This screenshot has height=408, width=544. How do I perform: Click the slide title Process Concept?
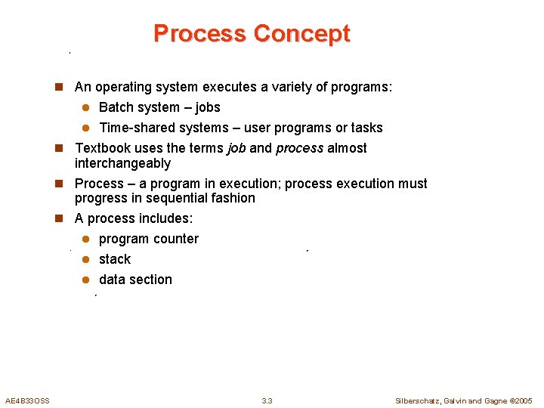252,33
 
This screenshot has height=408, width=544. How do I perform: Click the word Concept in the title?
301,33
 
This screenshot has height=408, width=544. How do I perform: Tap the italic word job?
236,148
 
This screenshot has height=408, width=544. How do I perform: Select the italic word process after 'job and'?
299,148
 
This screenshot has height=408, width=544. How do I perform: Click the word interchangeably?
122,163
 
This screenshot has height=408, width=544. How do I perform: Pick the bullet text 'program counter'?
149,239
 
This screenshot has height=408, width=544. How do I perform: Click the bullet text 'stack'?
115,259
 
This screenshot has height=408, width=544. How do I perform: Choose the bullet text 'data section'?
135,280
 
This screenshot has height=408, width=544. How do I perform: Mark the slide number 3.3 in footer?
267,400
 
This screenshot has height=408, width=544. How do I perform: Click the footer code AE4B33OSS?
27,400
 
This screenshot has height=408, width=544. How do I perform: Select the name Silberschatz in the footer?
419,400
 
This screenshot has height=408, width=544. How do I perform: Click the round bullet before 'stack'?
86,259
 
